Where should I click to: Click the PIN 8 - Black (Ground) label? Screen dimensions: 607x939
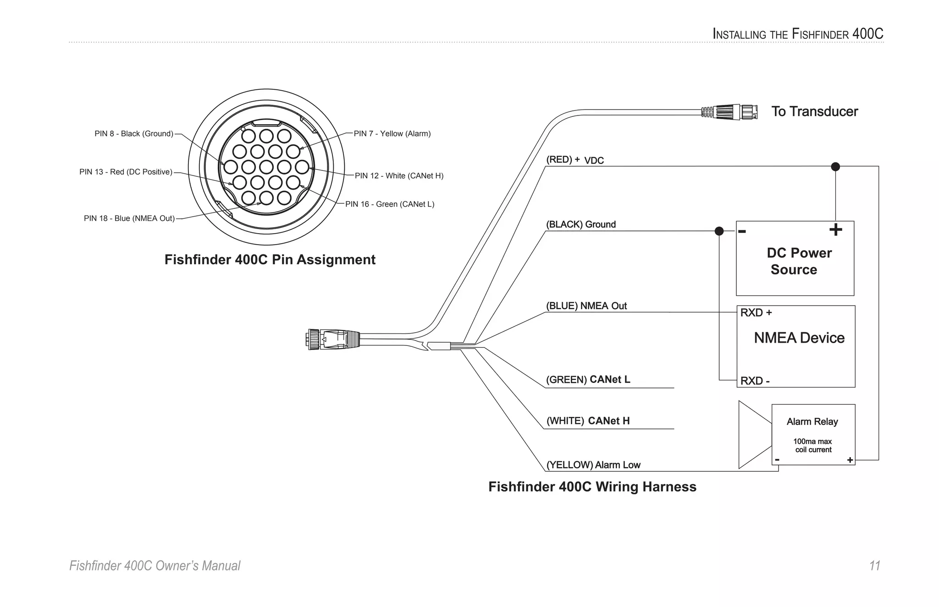134,134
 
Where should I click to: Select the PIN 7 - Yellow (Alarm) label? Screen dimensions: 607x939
392,134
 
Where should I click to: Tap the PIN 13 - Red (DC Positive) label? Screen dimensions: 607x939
126,172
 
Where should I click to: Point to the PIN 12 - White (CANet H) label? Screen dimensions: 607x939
399,176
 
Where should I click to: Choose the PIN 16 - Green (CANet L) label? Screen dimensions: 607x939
390,204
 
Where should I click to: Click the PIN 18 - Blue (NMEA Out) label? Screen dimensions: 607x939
129,219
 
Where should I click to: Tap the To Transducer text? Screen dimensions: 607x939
814,111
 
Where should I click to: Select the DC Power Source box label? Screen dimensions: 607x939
798,261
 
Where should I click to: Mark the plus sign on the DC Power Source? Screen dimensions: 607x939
835,230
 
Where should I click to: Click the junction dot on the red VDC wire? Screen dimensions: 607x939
835,166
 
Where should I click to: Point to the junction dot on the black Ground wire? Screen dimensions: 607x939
719,231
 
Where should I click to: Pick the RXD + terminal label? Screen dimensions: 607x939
756,313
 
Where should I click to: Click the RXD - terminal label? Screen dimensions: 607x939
755,381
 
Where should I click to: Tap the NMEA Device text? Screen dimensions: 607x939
799,338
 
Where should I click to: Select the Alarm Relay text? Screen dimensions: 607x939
812,421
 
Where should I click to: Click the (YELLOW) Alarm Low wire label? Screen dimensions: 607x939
593,465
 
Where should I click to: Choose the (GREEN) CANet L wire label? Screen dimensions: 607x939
588,380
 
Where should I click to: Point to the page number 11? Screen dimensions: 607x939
874,566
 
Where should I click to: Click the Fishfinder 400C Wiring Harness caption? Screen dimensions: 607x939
592,487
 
